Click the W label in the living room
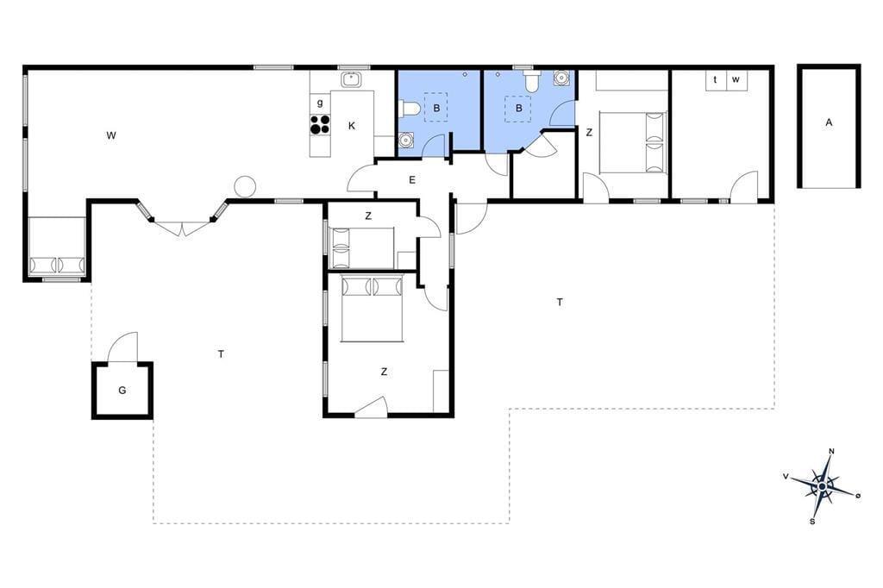click(x=111, y=135)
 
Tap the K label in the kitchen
click(x=352, y=126)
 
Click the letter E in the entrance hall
click(x=412, y=180)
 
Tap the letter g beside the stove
click(x=321, y=103)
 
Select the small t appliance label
click(x=715, y=79)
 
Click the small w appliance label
click(x=736, y=79)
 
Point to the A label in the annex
click(x=829, y=122)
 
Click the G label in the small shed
click(x=122, y=390)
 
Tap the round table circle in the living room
click(x=245, y=186)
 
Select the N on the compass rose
click(x=831, y=451)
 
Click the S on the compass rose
click(x=812, y=522)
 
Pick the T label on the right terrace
click(x=560, y=302)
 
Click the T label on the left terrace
click(x=222, y=353)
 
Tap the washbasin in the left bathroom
click(x=406, y=139)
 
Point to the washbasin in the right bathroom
click(x=560, y=78)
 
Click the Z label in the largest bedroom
click(x=384, y=372)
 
